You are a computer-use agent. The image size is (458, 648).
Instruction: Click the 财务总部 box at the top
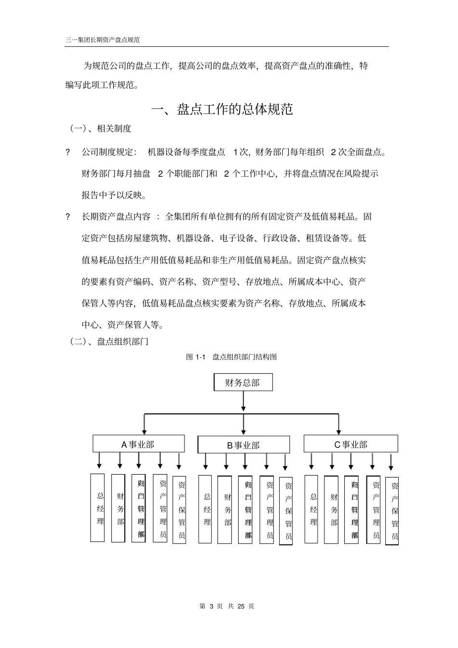coord(243,383)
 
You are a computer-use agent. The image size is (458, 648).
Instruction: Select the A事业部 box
coord(139,444)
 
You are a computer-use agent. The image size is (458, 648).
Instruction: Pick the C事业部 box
coord(350,444)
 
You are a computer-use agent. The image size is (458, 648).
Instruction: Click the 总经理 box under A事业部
coord(98,508)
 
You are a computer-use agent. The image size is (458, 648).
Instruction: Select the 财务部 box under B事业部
coord(228,510)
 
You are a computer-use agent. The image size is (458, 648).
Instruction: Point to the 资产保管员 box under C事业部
coord(392,511)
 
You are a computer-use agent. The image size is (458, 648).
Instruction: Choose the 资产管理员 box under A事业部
coord(160,509)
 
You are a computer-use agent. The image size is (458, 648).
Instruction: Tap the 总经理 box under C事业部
coord(311,509)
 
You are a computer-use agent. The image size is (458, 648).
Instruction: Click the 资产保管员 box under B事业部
coord(286,511)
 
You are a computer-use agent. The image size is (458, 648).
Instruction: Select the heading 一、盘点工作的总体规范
coord(222,110)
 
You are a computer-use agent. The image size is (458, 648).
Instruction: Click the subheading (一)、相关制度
coord(101,129)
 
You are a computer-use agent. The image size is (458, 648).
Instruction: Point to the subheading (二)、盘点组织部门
coord(109,342)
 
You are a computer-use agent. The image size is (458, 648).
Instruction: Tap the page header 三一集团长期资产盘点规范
coord(103,40)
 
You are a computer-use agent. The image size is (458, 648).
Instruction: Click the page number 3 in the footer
coord(212,606)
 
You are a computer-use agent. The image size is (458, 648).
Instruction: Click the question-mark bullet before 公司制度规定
coord(68,152)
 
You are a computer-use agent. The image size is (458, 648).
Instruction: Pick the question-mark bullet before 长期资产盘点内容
coord(68,217)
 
